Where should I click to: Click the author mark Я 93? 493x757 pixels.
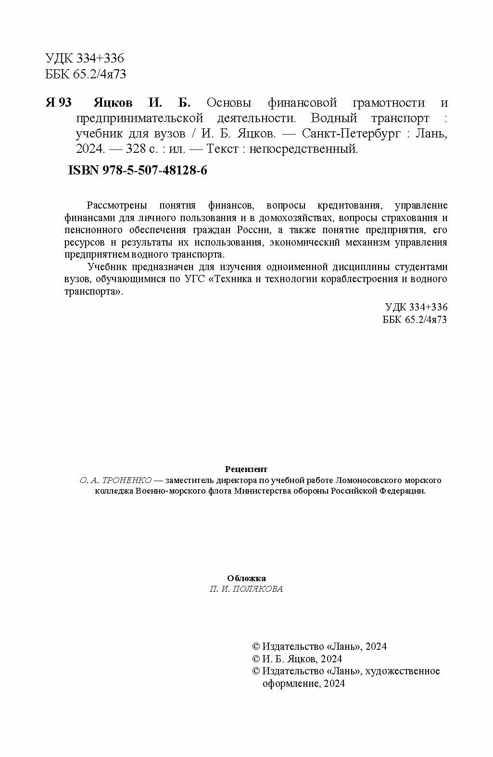click(x=58, y=103)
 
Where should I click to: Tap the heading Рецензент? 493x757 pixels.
click(x=246, y=469)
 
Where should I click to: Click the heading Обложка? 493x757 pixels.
click(x=246, y=578)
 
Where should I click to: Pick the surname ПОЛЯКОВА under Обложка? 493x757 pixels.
click(x=259, y=589)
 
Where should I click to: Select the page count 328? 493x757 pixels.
click(x=135, y=149)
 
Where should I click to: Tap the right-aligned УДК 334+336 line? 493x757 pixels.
click(x=416, y=307)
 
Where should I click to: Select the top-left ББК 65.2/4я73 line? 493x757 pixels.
click(x=86, y=74)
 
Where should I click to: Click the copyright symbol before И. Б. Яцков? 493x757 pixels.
click(x=256, y=659)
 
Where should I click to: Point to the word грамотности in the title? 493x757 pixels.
click(x=389, y=103)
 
